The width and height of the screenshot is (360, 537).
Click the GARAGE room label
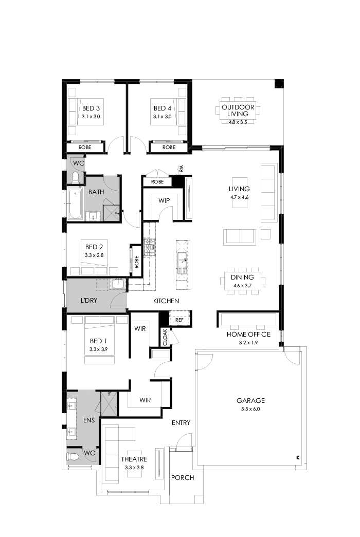point(250,400)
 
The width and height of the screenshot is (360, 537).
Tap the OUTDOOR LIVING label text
point(235,110)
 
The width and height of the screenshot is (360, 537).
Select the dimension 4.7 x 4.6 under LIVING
point(239,197)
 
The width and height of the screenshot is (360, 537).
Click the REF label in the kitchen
point(179,319)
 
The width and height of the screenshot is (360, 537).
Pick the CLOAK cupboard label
point(165,337)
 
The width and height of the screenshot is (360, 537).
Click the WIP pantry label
point(164,200)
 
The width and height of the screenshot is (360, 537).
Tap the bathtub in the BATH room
point(75,204)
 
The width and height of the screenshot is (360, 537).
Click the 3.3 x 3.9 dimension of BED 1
point(98,349)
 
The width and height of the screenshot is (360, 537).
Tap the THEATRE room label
point(134,459)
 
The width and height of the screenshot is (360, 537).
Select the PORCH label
point(183,477)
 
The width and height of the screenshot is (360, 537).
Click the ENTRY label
point(181,423)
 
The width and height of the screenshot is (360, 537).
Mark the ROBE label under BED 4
point(169,147)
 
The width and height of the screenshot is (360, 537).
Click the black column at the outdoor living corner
point(279,84)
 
